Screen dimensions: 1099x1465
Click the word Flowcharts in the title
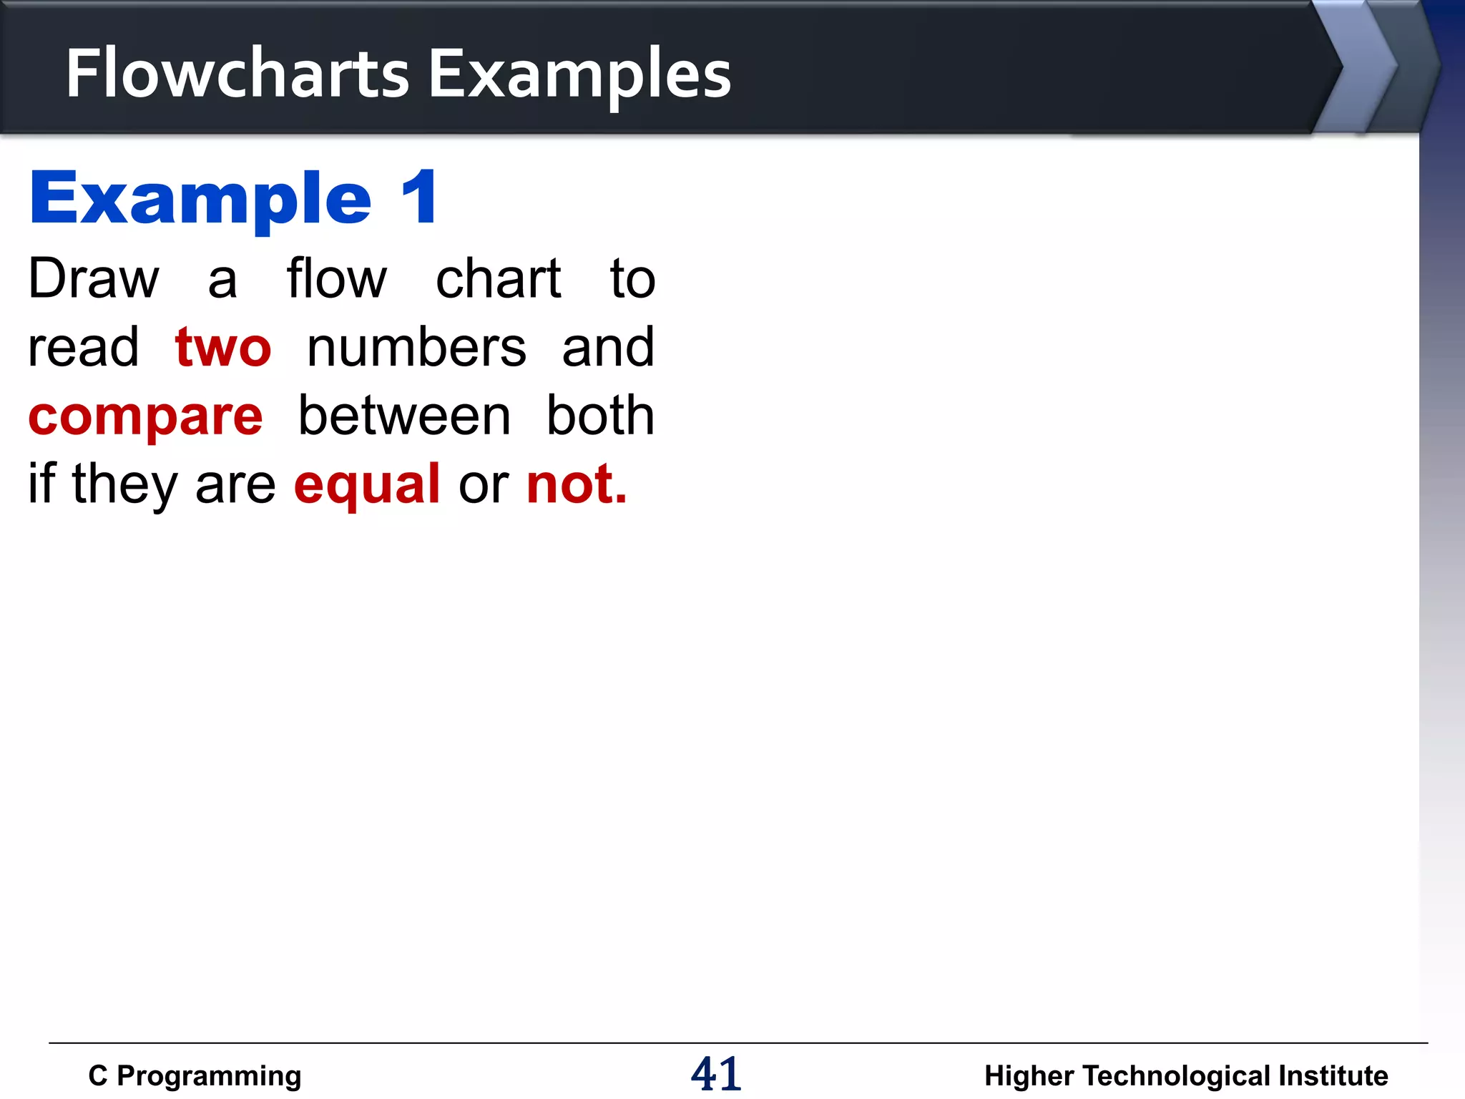click(237, 73)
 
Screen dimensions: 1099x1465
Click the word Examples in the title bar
click(579, 74)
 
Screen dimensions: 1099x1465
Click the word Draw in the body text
click(94, 278)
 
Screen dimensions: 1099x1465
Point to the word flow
click(336, 278)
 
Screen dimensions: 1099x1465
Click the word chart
click(499, 278)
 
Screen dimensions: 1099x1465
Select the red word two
click(223, 347)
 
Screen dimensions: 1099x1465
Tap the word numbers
click(416, 347)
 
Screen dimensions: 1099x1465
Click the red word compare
click(146, 416)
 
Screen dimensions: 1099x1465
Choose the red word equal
click(367, 485)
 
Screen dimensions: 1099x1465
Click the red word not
click(576, 484)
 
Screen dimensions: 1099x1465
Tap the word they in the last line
click(124, 485)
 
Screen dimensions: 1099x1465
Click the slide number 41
click(716, 1074)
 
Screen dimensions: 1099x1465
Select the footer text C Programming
click(195, 1075)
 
